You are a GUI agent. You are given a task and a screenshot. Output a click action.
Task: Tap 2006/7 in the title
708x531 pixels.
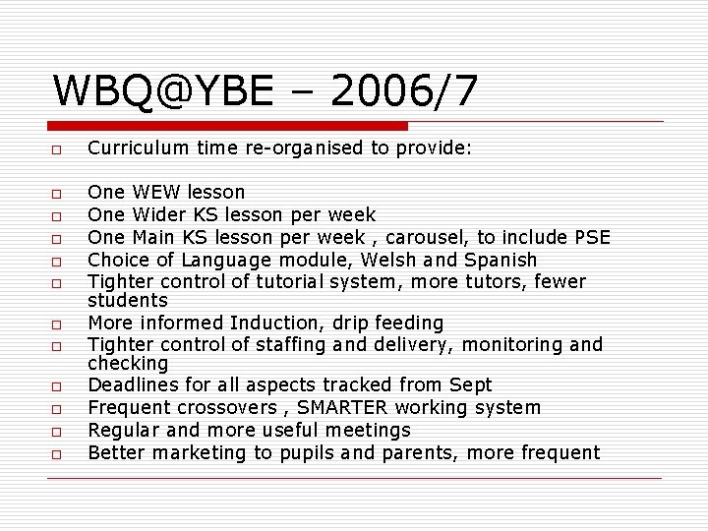pyautogui.click(x=405, y=91)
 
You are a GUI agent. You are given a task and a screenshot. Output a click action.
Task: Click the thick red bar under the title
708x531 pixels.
pyautogui.click(x=228, y=126)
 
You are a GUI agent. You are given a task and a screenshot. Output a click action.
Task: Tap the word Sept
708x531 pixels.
pyautogui.click(x=470, y=384)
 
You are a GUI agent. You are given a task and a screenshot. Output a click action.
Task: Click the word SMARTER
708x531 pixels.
pyautogui.click(x=349, y=407)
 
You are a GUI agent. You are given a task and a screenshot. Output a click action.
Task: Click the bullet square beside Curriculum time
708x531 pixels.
pyautogui.click(x=58, y=149)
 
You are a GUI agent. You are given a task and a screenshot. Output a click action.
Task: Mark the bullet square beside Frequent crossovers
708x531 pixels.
pyautogui.click(x=58, y=408)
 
